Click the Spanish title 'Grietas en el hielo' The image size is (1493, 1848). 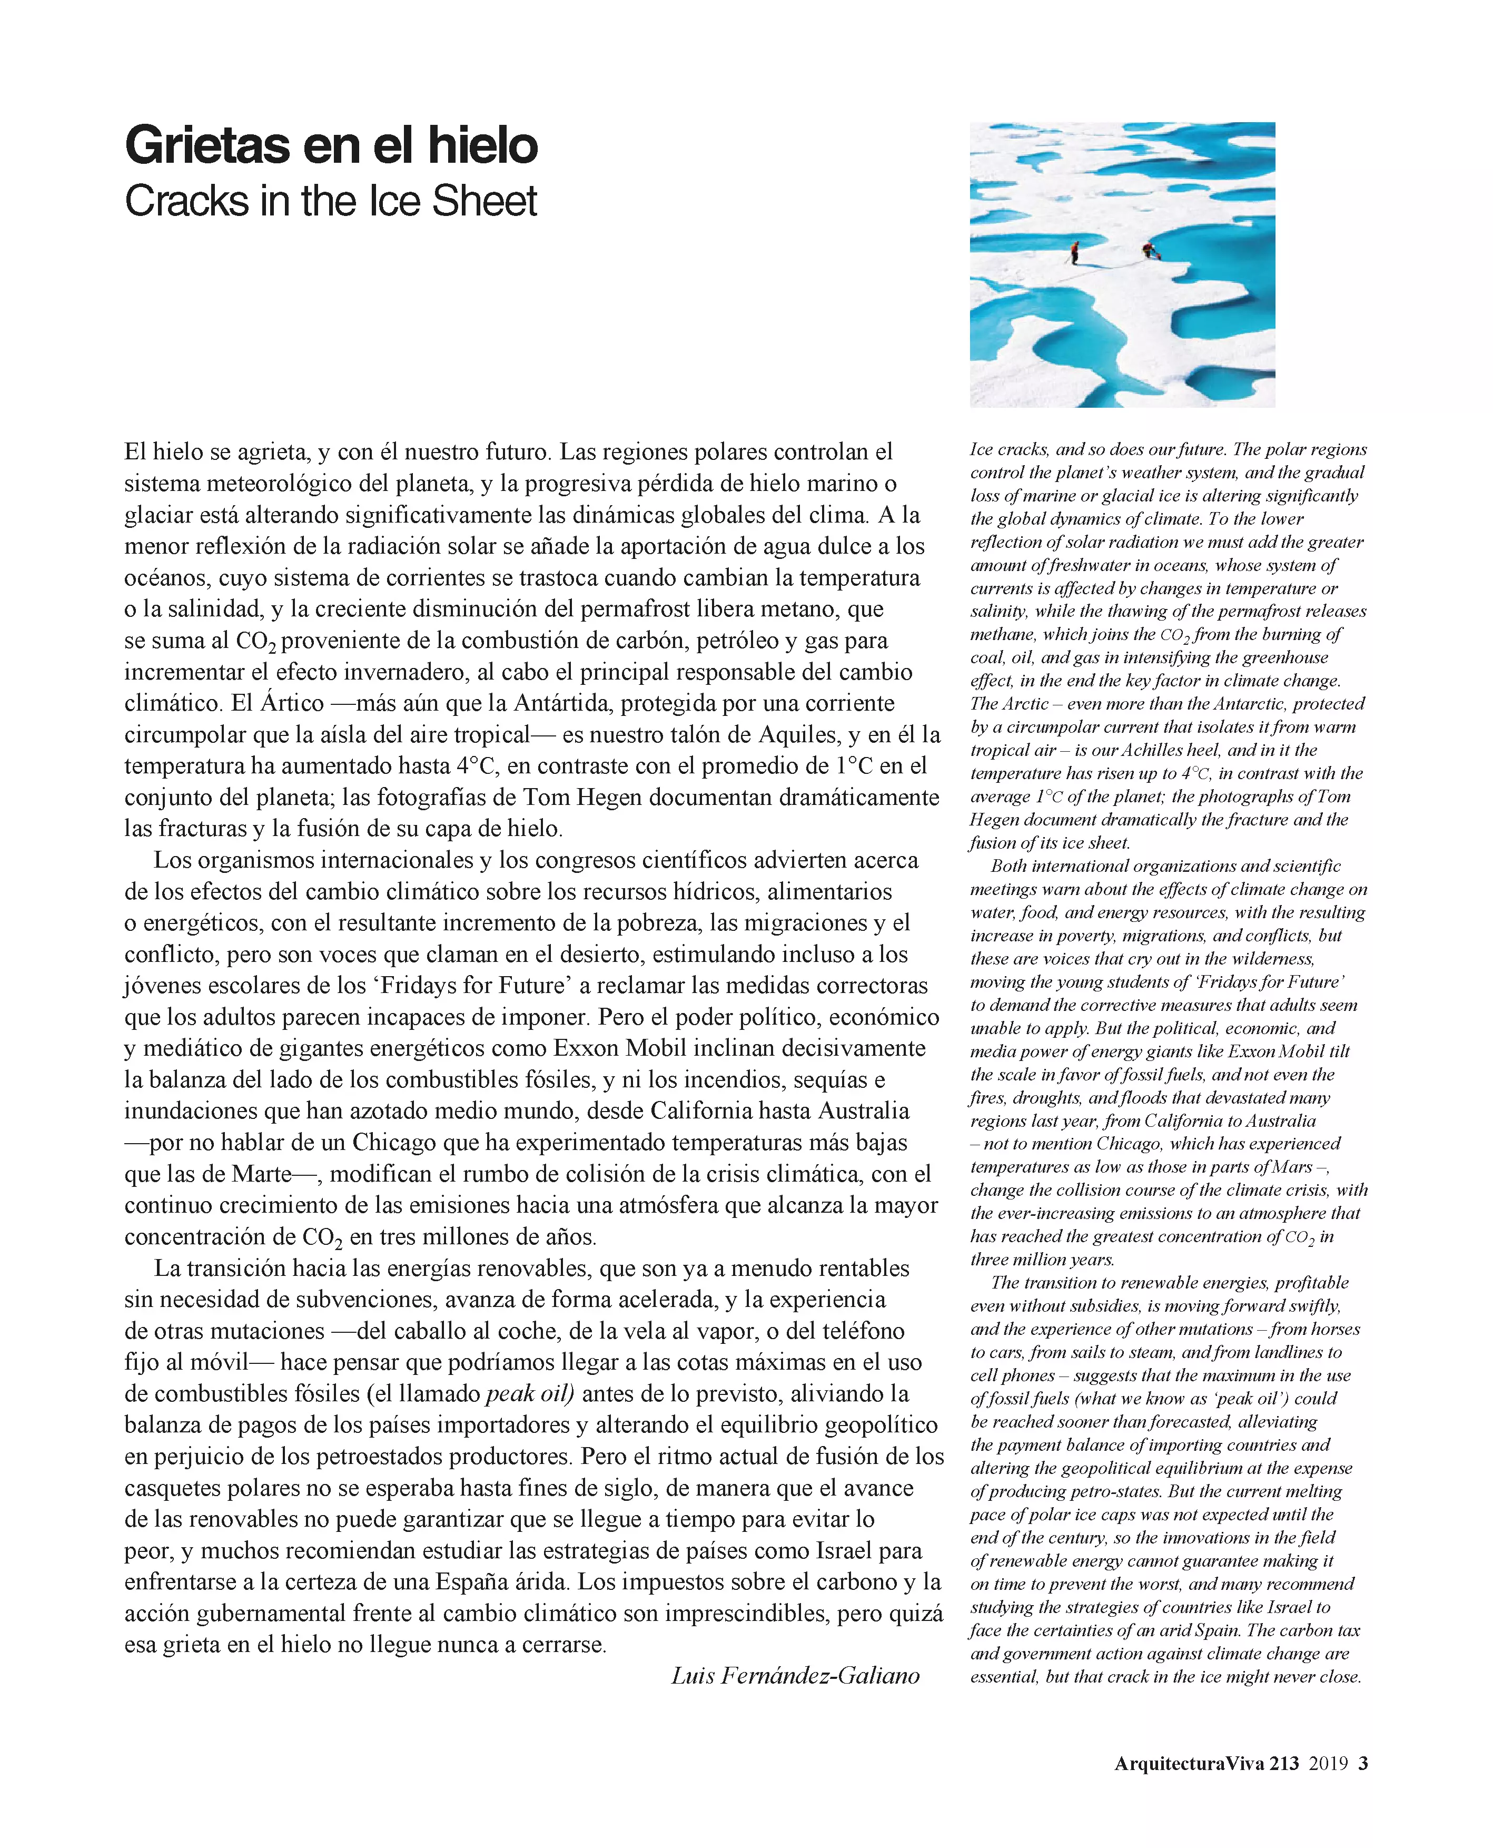point(331,144)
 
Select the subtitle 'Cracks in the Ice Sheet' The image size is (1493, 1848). point(331,201)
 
